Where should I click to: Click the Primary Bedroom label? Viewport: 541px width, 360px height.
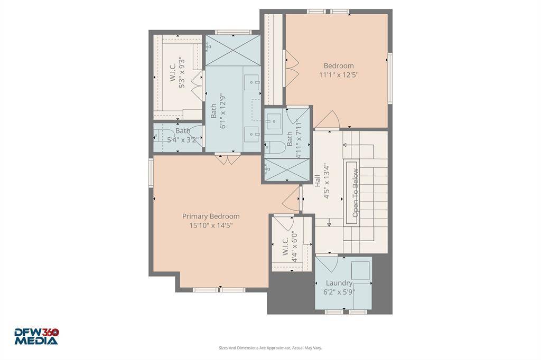(x=211, y=216)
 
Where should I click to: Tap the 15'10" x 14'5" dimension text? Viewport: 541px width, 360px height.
(x=211, y=225)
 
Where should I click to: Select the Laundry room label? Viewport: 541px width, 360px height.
(x=339, y=283)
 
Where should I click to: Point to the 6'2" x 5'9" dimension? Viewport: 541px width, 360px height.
(x=339, y=292)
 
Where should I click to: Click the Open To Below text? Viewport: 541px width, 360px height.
(x=355, y=193)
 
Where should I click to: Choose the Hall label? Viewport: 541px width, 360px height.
(x=318, y=181)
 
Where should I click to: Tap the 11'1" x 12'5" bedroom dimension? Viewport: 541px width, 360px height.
(x=339, y=74)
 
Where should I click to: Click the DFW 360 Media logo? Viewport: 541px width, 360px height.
(x=36, y=337)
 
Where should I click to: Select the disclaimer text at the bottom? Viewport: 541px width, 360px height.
(x=270, y=348)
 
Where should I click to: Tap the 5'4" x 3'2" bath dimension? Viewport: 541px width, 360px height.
(x=182, y=140)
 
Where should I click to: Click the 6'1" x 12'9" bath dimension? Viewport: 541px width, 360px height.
(x=223, y=111)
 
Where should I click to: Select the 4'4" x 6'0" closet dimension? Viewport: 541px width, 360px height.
(x=294, y=247)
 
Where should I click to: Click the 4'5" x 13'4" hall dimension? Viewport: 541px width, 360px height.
(x=327, y=181)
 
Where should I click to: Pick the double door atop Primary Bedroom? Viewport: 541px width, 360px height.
(x=227, y=159)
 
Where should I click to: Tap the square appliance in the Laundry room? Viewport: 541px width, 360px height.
(x=360, y=271)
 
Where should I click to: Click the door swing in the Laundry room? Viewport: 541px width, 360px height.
(x=327, y=264)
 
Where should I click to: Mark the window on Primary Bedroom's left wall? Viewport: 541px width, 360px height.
(x=151, y=173)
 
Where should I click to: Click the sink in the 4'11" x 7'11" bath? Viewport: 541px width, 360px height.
(x=274, y=121)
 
